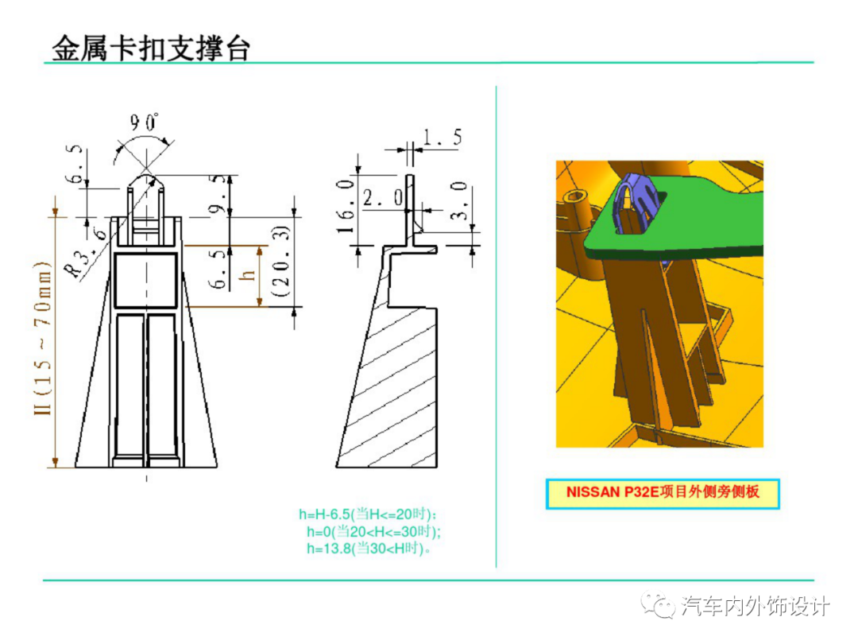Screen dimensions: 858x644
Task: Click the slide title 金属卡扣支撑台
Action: (151, 48)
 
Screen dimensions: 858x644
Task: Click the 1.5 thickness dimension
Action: (442, 137)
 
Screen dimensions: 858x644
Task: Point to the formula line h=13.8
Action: (369, 548)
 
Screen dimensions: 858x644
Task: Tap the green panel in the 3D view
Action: (699, 231)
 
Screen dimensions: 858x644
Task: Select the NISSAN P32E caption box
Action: (663, 493)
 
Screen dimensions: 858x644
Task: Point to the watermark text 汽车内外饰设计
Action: (755, 607)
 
